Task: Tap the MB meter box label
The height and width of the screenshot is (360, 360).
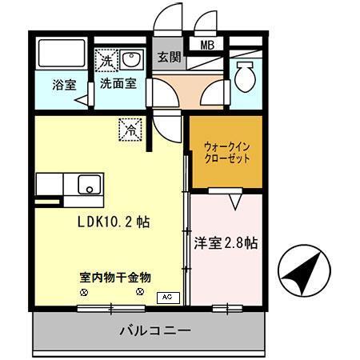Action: tap(206, 46)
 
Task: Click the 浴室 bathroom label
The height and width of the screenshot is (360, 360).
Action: tap(64, 82)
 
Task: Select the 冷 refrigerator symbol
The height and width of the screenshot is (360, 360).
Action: tap(130, 127)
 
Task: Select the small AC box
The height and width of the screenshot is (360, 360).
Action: tap(167, 297)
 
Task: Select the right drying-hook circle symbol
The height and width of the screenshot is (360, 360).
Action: tap(140, 293)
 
